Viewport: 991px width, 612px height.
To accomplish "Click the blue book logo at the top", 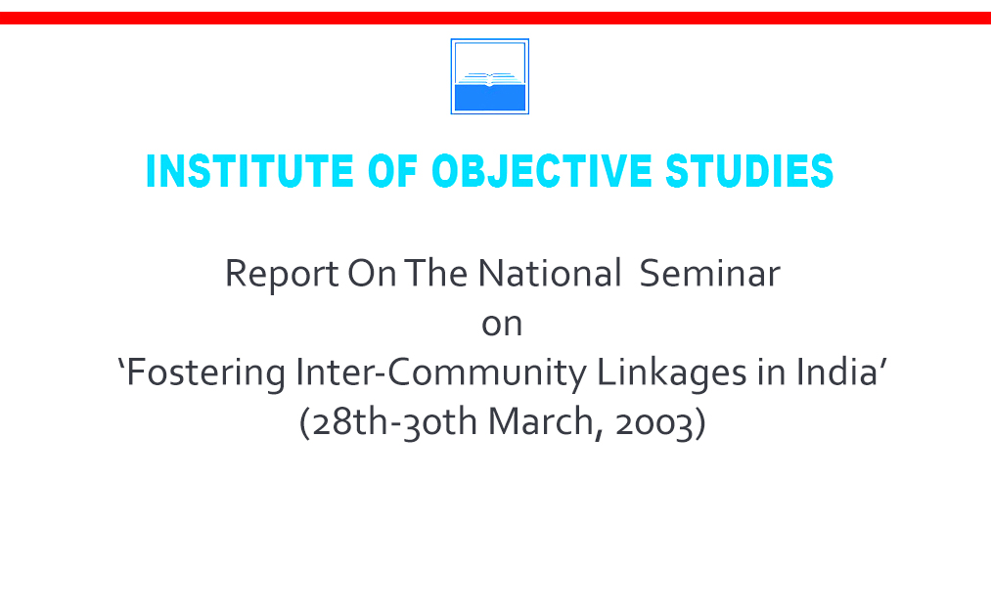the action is click(490, 76).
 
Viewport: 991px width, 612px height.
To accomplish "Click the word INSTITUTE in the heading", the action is click(250, 171).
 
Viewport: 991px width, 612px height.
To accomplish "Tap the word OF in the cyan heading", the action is click(392, 171).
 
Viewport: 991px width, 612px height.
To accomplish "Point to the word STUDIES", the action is click(749, 171).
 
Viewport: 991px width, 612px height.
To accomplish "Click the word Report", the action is click(282, 274).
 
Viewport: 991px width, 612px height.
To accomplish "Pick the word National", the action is click(549, 273).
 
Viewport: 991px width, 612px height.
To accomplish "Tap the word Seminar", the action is click(710, 273).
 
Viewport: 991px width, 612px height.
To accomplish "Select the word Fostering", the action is click(206, 372).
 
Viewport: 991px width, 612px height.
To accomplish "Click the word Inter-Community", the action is click(441, 372).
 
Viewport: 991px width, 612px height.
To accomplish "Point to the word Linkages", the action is click(672, 372).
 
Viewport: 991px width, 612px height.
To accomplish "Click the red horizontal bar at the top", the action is click(495, 18).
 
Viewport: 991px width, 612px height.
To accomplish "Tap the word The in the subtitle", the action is click(436, 273).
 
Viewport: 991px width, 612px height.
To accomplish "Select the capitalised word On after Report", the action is click(373, 273).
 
